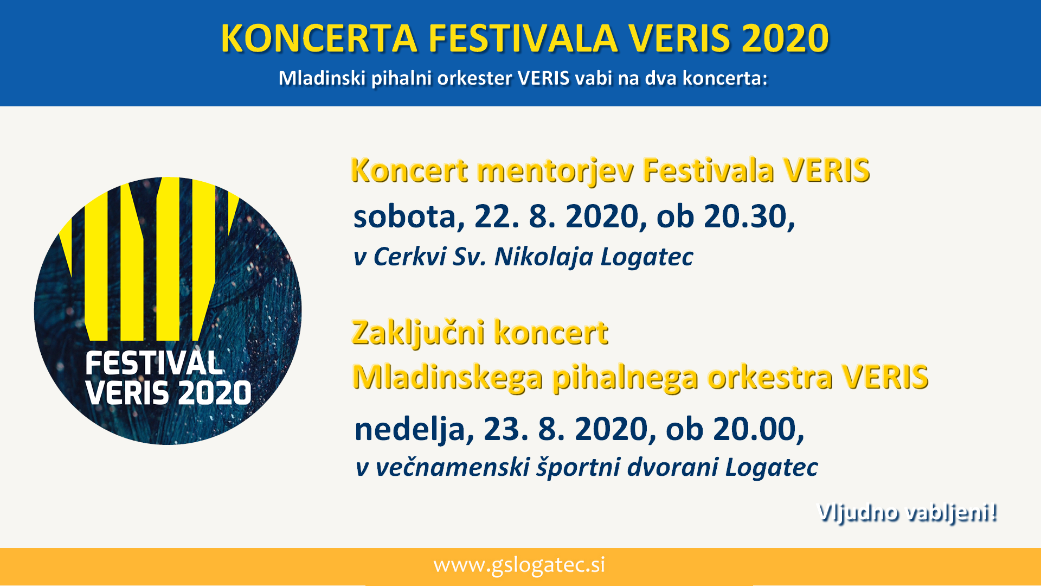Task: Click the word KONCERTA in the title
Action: pos(319,39)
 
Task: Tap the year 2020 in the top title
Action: pos(785,39)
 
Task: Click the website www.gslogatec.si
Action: pos(519,565)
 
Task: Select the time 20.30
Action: pos(749,216)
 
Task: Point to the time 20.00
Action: pos(759,429)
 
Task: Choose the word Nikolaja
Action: pos(544,257)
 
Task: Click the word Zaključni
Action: pos(417,333)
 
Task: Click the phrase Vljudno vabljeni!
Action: pos(907,513)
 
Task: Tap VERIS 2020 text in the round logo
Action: pos(168,393)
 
